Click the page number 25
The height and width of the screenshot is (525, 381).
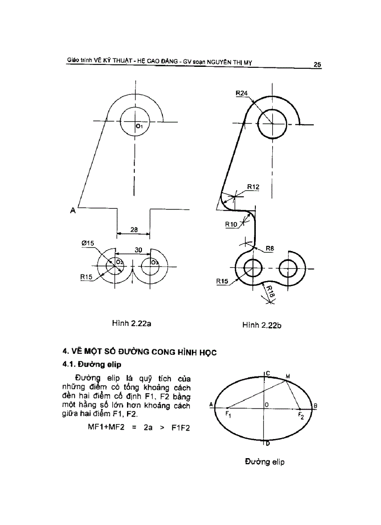[317, 65]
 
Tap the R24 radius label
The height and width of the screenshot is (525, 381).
[242, 93]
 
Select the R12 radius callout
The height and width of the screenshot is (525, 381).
[253, 187]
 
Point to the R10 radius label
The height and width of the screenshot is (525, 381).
[232, 224]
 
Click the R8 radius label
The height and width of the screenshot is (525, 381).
[269, 249]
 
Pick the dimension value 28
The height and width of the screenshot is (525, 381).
[134, 230]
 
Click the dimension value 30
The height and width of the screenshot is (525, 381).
[138, 250]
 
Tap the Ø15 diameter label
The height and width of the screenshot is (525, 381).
[87, 243]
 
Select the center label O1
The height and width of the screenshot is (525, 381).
[139, 126]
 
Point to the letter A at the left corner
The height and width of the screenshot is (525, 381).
[73, 211]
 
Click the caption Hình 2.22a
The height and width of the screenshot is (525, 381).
[131, 323]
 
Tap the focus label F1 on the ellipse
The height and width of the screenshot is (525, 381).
[228, 414]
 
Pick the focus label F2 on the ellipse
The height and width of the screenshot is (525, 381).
[301, 416]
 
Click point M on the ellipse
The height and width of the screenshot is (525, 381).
[288, 376]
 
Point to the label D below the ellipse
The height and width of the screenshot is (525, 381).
[268, 443]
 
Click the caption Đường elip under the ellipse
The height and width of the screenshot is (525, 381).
[265, 462]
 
